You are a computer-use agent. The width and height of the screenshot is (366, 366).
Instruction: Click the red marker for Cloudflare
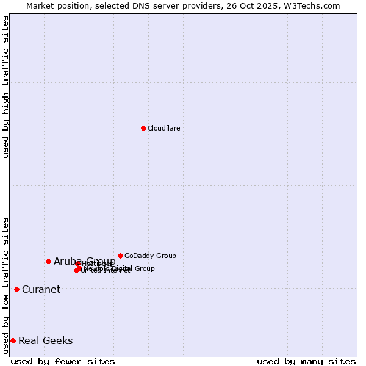point(143,128)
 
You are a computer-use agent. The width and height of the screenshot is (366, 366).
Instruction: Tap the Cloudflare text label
point(164,128)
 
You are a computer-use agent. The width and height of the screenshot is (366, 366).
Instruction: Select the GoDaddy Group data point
point(120,256)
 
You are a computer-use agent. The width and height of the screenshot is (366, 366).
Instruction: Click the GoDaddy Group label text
point(150,256)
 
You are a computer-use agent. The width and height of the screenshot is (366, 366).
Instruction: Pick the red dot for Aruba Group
point(48,261)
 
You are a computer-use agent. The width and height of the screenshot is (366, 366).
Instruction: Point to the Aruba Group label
point(85,261)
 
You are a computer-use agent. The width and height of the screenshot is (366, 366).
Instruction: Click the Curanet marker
point(16,289)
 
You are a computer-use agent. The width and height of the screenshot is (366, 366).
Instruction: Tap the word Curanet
point(41,289)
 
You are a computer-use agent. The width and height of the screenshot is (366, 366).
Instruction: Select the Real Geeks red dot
point(13,340)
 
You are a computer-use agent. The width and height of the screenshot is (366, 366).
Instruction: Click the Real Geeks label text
point(46,340)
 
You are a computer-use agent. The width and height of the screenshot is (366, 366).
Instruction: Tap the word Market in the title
point(41,5)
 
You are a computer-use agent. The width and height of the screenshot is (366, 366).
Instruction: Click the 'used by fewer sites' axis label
point(63,361)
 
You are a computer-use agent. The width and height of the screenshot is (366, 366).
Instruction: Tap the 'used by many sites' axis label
point(306,361)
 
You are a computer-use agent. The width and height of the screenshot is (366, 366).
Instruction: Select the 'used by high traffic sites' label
point(5,87)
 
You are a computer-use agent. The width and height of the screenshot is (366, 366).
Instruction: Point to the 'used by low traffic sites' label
point(5,285)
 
